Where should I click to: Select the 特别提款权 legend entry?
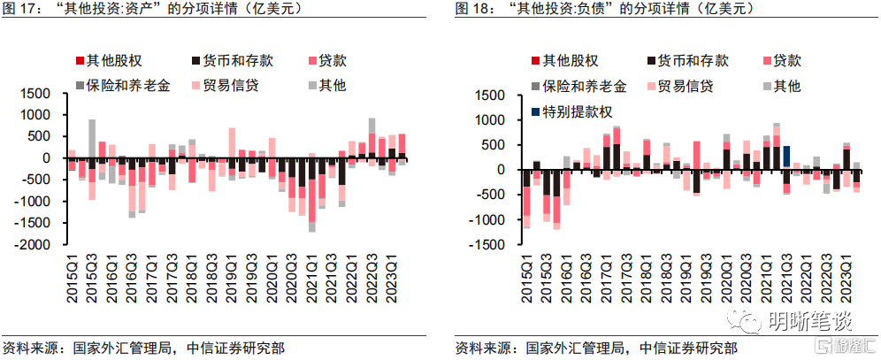[x=571, y=111]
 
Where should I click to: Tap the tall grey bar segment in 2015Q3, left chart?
[x=92, y=138]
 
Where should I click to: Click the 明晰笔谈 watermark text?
[x=810, y=322]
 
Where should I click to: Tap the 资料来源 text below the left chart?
[x=27, y=347]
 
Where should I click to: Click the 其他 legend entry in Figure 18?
[x=780, y=86]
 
